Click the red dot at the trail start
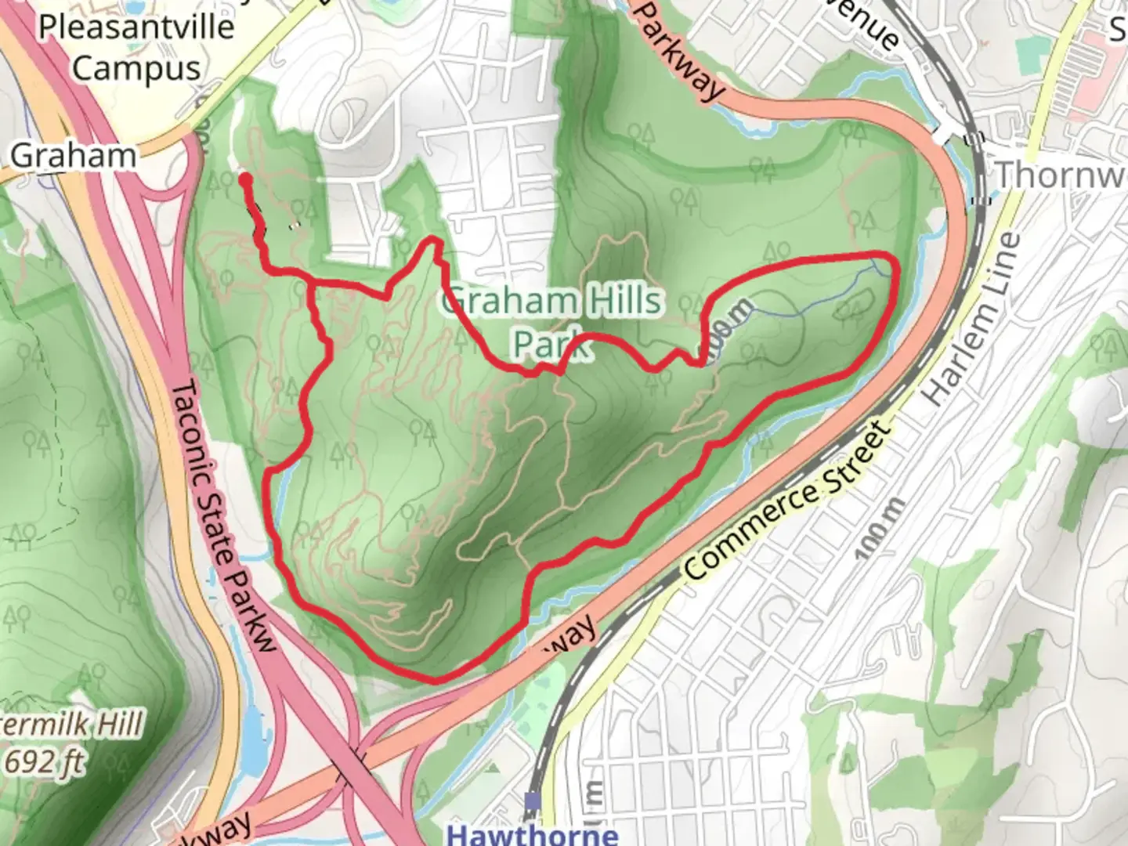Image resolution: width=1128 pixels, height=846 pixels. click(245, 179)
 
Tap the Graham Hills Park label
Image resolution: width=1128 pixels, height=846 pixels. click(552, 321)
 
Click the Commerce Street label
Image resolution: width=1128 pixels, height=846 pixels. click(788, 501)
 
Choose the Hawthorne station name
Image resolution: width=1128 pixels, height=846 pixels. click(533, 833)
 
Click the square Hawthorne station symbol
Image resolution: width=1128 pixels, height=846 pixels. click(533, 801)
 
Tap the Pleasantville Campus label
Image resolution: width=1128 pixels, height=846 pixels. click(136, 48)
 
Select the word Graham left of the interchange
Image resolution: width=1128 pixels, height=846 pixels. click(73, 155)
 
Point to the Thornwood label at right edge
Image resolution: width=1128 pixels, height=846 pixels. click(1061, 175)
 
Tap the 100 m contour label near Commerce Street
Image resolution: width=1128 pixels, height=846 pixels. click(879, 528)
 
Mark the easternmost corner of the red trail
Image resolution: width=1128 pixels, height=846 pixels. click(895, 266)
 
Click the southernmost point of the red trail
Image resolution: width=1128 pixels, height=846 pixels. click(435, 678)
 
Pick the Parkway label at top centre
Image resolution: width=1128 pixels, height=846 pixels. click(677, 51)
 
